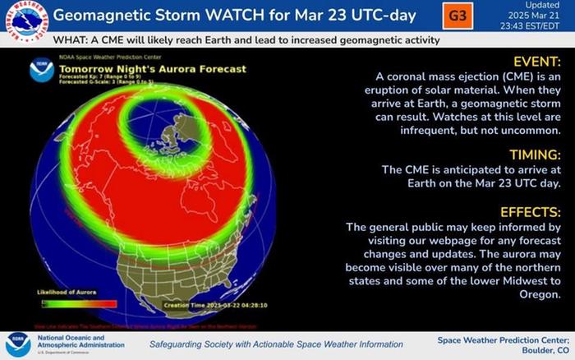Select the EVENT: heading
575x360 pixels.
click(538, 62)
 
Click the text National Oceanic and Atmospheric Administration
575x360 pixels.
click(79, 342)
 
